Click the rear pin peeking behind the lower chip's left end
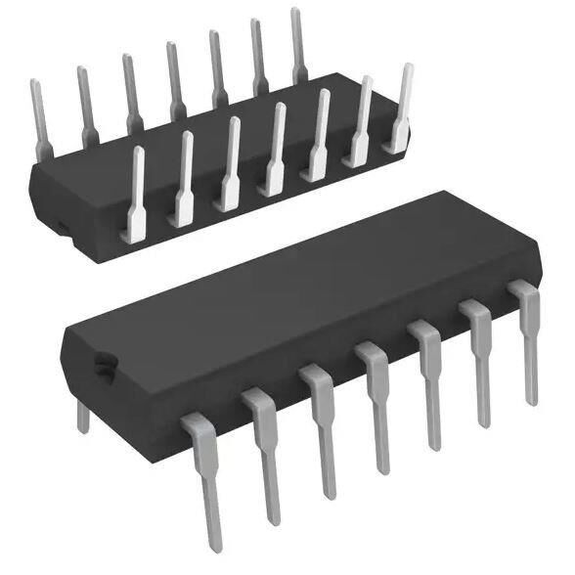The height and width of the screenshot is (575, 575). pyautogui.click(x=83, y=416)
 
